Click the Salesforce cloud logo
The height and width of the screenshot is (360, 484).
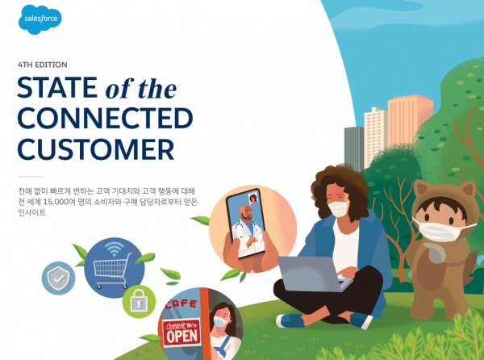40,19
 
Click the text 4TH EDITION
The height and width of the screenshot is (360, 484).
43,65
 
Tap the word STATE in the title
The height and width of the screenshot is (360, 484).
57,87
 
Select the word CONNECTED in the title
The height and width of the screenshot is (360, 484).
105,118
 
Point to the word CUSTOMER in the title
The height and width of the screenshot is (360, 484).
96,149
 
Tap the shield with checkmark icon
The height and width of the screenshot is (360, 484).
58,278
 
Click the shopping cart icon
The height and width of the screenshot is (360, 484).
112,270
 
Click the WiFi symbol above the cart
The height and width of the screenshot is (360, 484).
115,249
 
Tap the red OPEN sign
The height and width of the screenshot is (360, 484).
181,333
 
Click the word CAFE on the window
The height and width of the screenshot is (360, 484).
181,304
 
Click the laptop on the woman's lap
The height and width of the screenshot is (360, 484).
312,274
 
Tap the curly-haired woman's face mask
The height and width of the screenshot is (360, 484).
339,208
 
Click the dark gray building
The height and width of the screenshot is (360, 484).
354,149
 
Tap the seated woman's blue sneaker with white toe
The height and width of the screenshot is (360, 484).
290,320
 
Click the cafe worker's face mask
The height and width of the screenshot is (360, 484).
221,322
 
